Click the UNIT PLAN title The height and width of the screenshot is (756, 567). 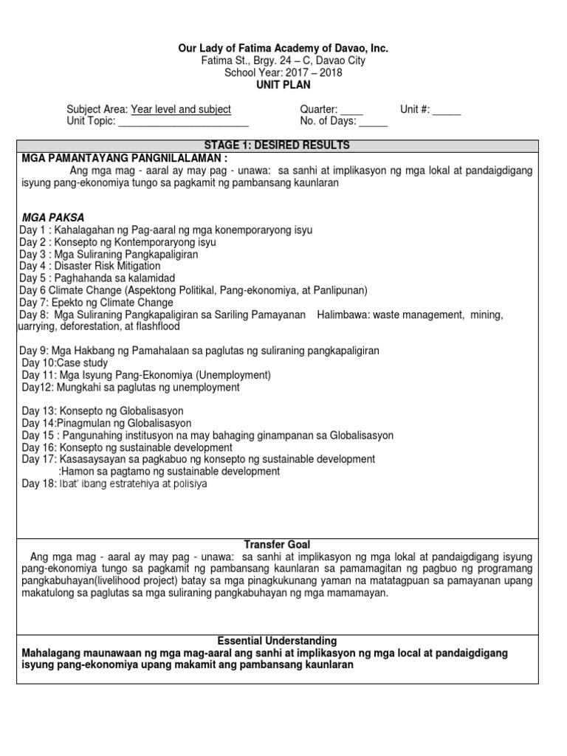coord(283,85)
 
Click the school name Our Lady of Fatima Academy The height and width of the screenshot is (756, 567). coord(283,48)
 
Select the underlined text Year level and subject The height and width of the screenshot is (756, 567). coord(181,109)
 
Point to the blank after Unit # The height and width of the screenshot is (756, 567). coord(447,110)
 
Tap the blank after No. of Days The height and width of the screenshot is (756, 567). coord(374,123)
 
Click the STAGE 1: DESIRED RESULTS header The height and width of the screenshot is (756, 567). coord(283,145)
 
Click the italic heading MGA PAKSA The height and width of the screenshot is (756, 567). coord(53,218)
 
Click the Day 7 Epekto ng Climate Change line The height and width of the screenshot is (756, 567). coord(97,302)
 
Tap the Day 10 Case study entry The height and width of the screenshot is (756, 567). coord(65,362)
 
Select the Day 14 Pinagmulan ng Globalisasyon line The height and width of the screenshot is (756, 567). coord(106,423)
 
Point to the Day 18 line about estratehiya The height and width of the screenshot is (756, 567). coord(114,484)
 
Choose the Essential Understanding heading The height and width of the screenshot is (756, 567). coord(283,641)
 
